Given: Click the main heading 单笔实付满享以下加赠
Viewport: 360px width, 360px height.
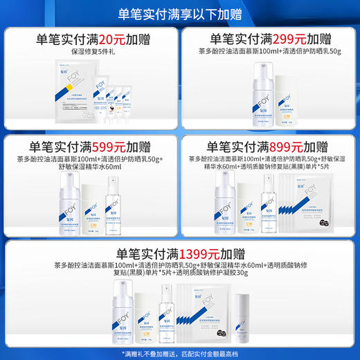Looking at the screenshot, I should (180, 12).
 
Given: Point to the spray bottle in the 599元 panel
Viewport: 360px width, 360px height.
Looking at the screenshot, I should (113, 201).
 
